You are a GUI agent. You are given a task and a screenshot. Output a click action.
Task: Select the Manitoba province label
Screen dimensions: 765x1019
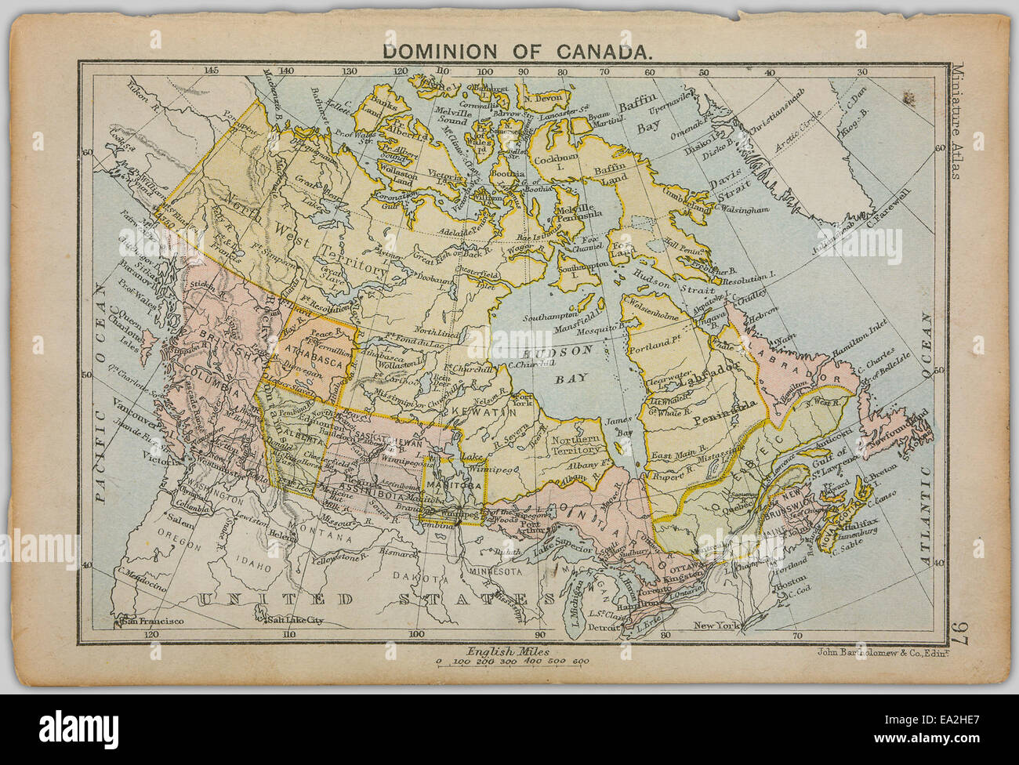(x=455, y=485)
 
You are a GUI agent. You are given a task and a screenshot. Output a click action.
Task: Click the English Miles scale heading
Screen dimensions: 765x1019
(x=509, y=651)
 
